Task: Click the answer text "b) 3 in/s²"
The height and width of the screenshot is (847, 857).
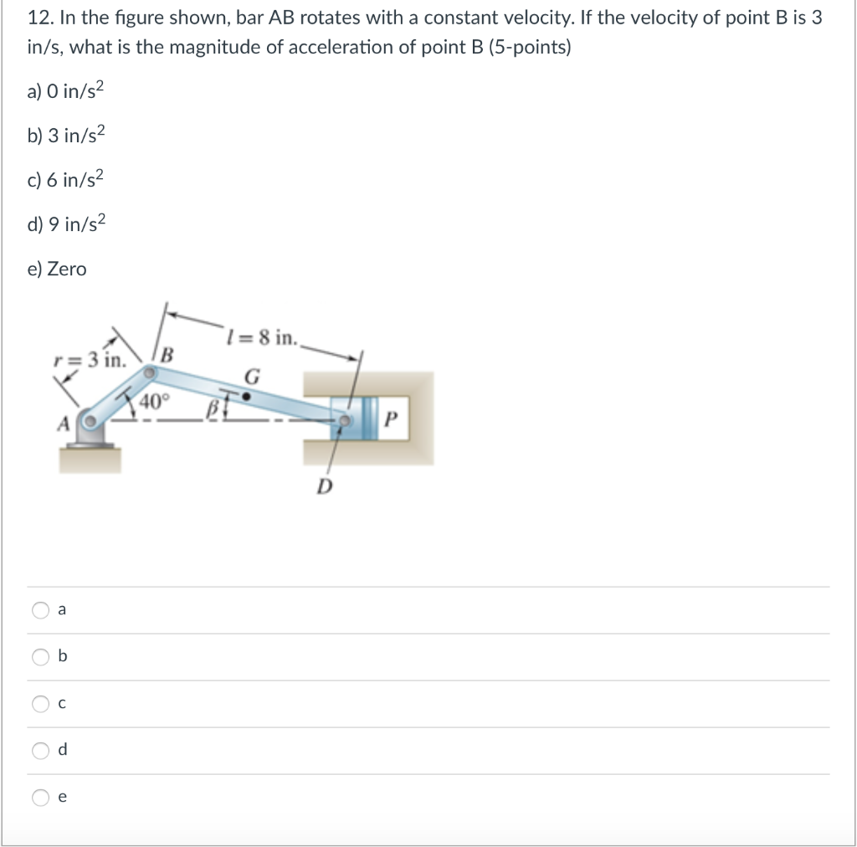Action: pyautogui.click(x=67, y=136)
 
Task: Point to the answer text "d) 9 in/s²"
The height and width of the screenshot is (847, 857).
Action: pyautogui.click(x=67, y=224)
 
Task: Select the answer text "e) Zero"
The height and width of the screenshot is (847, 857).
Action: pyautogui.click(x=56, y=269)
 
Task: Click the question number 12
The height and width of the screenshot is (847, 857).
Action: pyautogui.click(x=38, y=18)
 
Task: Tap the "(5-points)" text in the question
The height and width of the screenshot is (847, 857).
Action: pyautogui.click(x=531, y=47)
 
